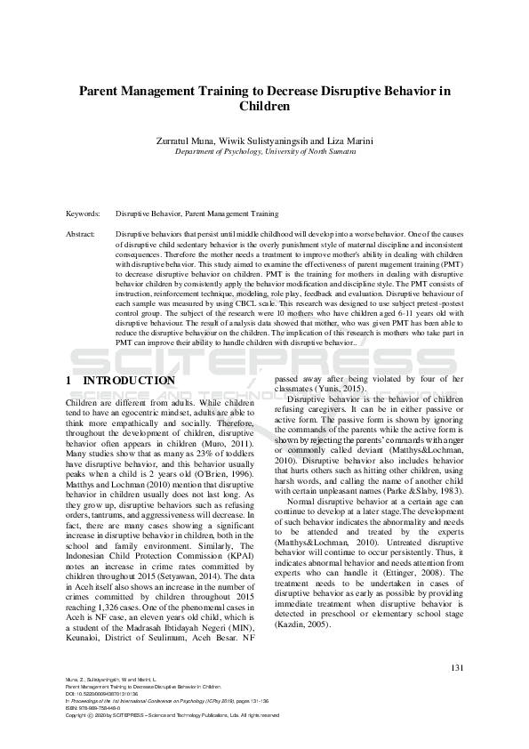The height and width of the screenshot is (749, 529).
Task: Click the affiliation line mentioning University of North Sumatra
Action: pyautogui.click(x=264, y=152)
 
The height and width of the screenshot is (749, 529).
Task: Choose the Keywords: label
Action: pyautogui.click(x=83, y=213)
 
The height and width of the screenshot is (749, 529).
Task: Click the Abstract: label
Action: pyautogui.click(x=81, y=232)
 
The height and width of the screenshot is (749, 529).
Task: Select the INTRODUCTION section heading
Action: pyautogui.click(x=128, y=381)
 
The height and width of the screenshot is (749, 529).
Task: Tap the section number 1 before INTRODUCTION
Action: pyautogui.click(x=69, y=381)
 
